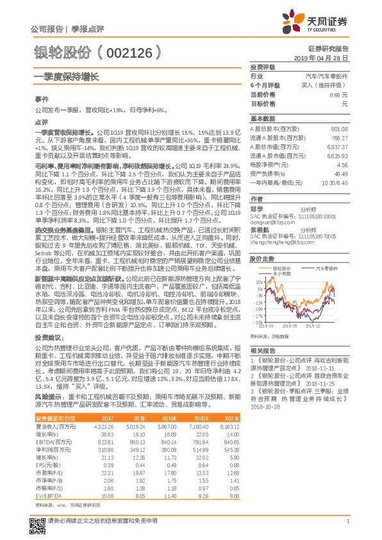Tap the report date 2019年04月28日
tap(326, 58)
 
